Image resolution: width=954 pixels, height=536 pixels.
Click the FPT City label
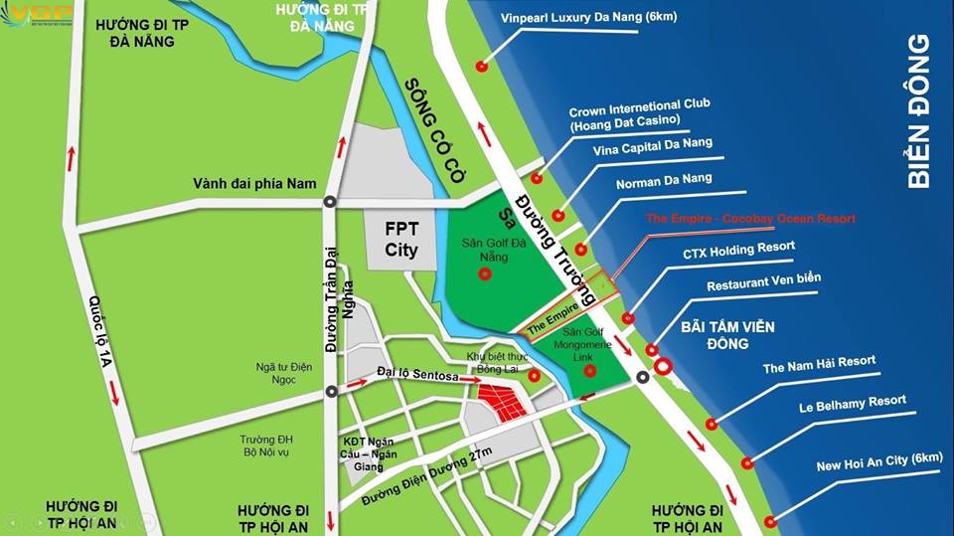[x=401, y=239]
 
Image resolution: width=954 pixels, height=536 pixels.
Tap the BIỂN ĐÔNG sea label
[x=919, y=111]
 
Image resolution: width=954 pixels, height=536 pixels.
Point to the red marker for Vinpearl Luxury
[x=482, y=67]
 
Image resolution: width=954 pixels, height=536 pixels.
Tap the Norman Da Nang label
[x=664, y=181]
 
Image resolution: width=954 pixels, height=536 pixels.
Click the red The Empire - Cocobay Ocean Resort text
[x=750, y=218]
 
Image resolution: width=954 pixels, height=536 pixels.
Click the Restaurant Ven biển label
[x=764, y=283]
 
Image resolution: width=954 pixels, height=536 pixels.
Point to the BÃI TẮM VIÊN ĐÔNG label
[x=727, y=335]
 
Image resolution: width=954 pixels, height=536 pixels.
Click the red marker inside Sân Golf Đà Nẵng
[x=485, y=275]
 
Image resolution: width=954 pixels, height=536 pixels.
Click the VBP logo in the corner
[x=38, y=15]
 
